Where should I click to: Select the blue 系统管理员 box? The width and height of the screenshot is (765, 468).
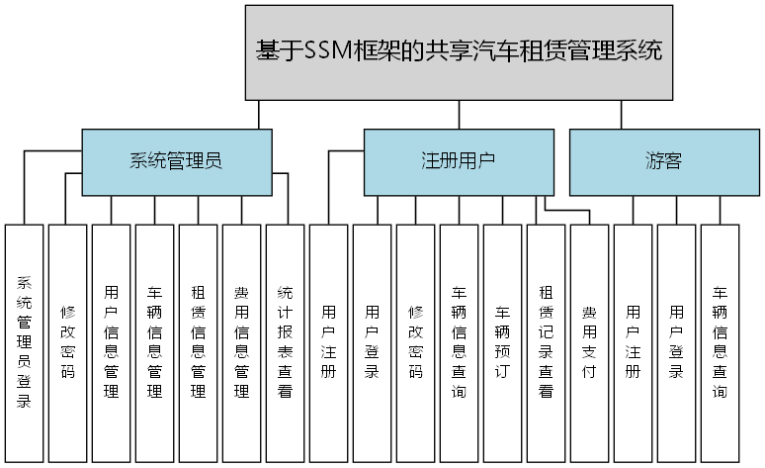[176, 162]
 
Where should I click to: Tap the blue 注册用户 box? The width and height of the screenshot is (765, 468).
[458, 162]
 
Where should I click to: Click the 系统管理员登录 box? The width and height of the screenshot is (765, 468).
[24, 342]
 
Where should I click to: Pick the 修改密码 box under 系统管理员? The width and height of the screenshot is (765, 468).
[67, 342]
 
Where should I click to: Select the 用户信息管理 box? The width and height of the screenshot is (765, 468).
[111, 342]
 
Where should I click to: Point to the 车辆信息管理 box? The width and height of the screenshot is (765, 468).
[154, 342]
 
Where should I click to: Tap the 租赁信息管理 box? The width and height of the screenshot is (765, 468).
[198, 342]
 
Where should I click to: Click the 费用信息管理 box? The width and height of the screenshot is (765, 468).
[241, 342]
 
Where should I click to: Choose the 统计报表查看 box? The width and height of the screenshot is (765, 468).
[285, 342]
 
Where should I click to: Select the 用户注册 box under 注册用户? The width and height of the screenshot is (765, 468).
[328, 342]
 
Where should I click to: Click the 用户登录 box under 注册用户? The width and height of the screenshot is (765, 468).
[372, 342]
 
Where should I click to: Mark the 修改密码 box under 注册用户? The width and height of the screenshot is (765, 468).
[415, 342]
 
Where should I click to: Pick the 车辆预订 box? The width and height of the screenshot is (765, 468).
[502, 342]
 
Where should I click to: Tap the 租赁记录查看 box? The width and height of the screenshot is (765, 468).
[546, 342]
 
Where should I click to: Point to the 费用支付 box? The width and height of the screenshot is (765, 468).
[589, 342]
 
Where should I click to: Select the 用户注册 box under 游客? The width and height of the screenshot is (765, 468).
[633, 342]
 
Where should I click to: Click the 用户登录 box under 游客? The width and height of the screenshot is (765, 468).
[676, 342]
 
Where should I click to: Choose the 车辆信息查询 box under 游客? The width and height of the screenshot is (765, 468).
[720, 342]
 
